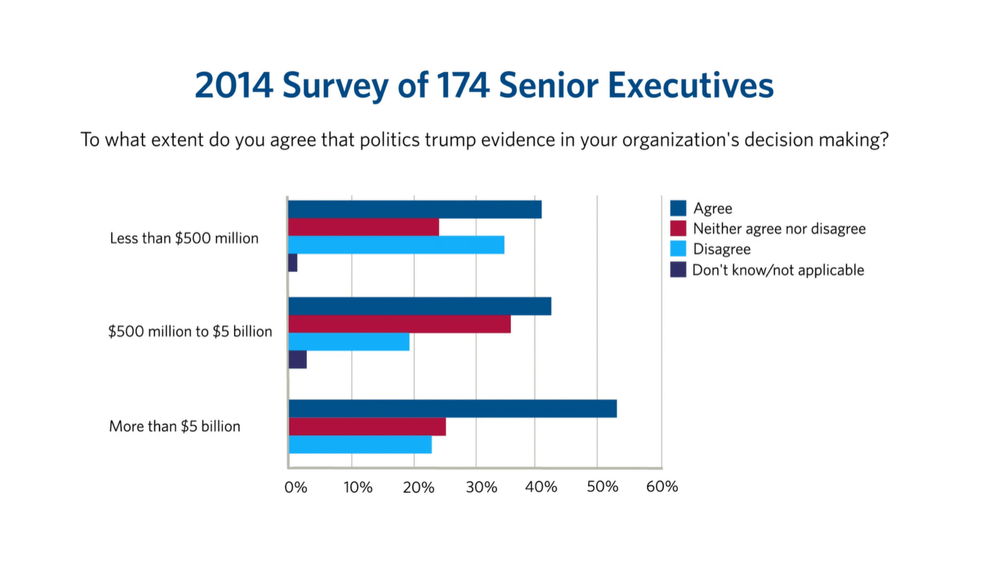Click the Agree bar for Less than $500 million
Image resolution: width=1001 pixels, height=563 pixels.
click(x=414, y=209)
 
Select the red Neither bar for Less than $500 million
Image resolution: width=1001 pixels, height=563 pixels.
click(x=363, y=227)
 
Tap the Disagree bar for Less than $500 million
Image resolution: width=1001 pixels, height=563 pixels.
click(x=396, y=245)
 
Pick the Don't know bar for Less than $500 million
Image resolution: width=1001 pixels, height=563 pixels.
click(x=293, y=263)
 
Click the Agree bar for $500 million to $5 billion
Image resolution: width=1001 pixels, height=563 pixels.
click(x=419, y=306)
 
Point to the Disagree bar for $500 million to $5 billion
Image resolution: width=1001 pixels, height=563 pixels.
click(x=349, y=342)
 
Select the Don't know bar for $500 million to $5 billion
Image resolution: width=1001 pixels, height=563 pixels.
click(x=297, y=360)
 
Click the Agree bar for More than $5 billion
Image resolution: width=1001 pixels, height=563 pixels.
click(x=452, y=408)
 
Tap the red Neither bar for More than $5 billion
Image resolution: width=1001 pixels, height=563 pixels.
click(x=367, y=426)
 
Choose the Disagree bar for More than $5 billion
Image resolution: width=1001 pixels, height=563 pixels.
click(x=360, y=444)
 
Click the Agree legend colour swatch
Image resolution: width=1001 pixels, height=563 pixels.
click(x=678, y=208)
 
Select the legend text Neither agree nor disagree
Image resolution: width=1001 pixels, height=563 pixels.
click(x=779, y=229)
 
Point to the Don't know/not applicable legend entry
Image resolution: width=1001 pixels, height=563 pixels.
click(x=778, y=270)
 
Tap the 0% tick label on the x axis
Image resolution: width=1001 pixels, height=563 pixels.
click(x=295, y=487)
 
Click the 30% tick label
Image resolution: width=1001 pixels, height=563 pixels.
click(x=481, y=487)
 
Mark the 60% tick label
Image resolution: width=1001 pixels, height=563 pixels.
click(x=662, y=486)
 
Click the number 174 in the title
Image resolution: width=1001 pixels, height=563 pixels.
click(x=462, y=85)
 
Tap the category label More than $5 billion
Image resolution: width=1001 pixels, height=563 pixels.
click(x=175, y=426)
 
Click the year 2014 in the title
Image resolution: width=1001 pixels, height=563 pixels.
click(x=234, y=85)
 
